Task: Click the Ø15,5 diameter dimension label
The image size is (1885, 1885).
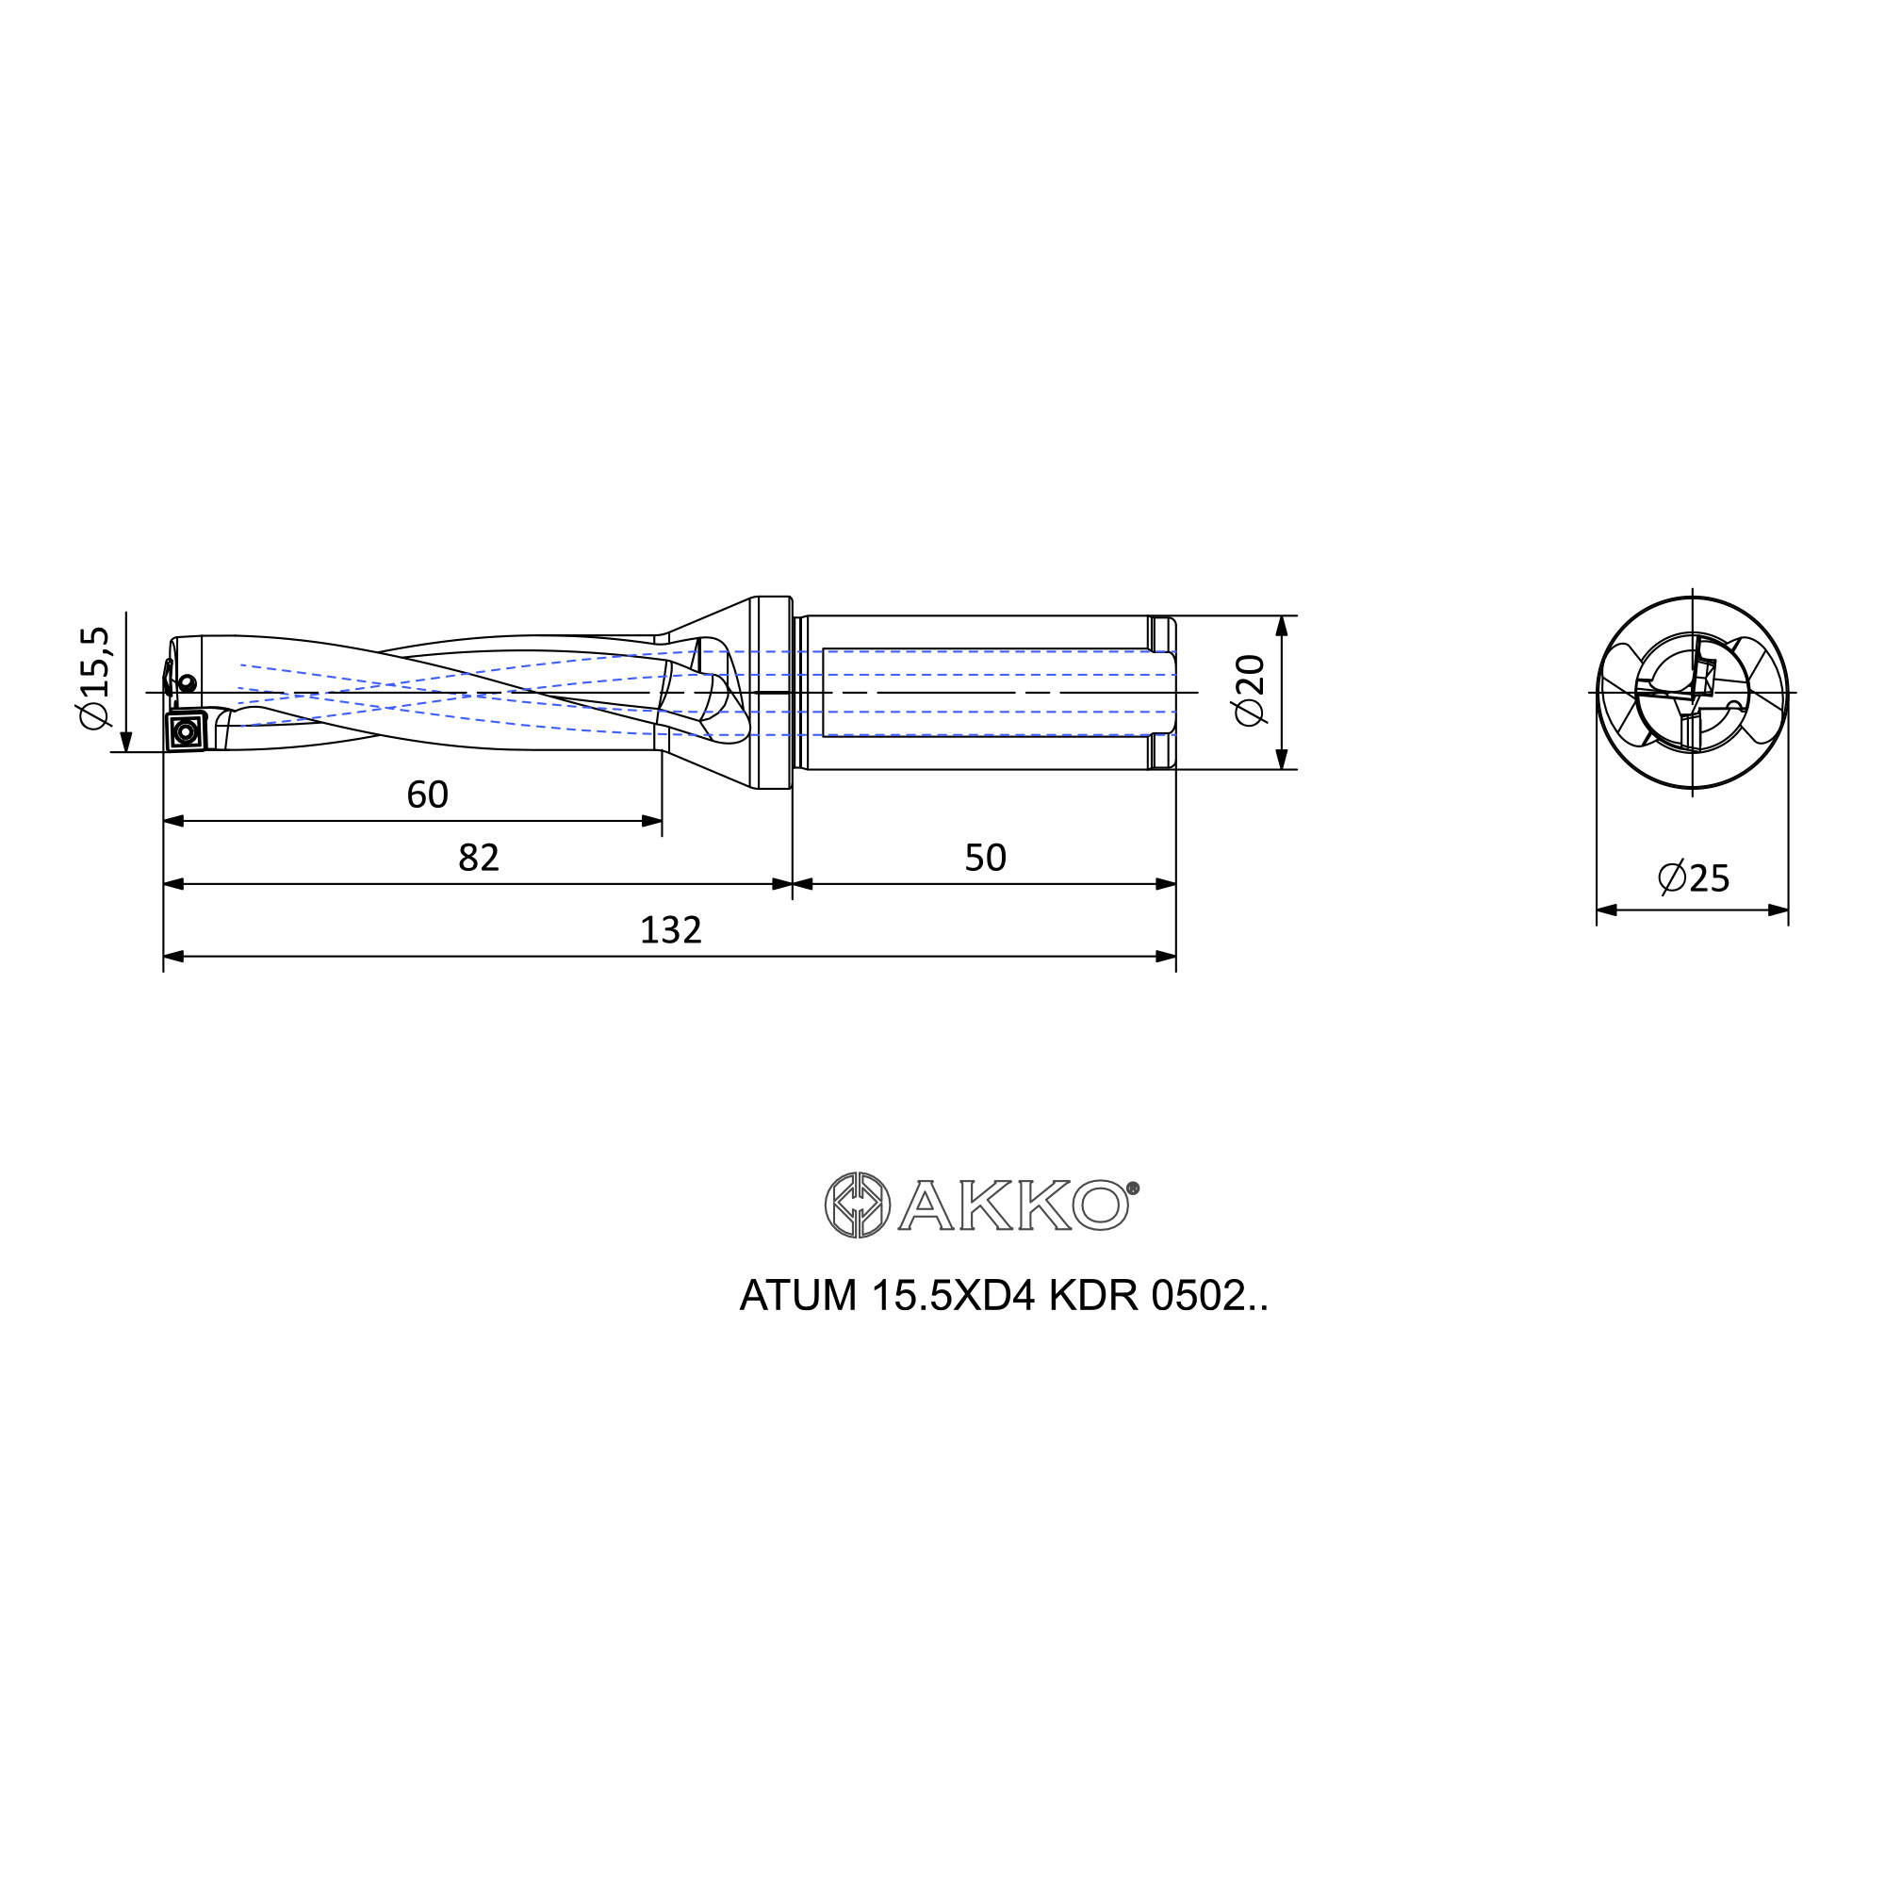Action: [x=96, y=677]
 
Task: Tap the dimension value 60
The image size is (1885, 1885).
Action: [x=427, y=795]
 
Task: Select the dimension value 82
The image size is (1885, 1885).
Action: [x=478, y=858]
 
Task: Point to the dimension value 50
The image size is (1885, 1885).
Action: [x=985, y=858]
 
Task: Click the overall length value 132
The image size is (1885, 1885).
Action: [x=670, y=930]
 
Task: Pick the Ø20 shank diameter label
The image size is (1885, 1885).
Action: [x=1250, y=690]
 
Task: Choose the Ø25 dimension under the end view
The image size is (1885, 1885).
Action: [x=1694, y=878]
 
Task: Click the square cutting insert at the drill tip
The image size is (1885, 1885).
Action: [x=186, y=730]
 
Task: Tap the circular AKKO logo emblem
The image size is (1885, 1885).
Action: [x=857, y=1205]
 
